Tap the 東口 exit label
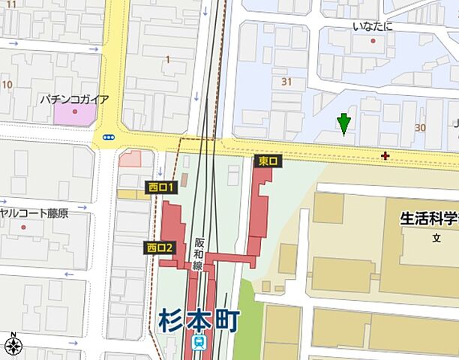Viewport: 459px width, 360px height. click(x=268, y=161)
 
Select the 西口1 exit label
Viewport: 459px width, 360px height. click(x=160, y=187)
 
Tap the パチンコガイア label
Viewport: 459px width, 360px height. click(x=74, y=99)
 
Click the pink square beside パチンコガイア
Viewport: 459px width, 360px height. click(x=74, y=114)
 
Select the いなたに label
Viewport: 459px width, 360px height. click(x=373, y=27)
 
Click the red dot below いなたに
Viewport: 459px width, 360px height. click(x=373, y=40)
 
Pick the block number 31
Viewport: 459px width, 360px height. click(x=286, y=81)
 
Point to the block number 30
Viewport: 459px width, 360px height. click(x=420, y=127)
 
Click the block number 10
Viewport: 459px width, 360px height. click(x=7, y=85)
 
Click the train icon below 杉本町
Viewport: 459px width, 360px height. click(x=199, y=342)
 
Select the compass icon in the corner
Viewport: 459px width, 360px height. click(x=12, y=345)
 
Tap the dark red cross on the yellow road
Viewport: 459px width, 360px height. click(x=385, y=156)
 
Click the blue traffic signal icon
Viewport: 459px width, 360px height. click(x=109, y=137)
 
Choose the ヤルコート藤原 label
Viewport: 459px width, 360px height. click(x=34, y=214)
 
